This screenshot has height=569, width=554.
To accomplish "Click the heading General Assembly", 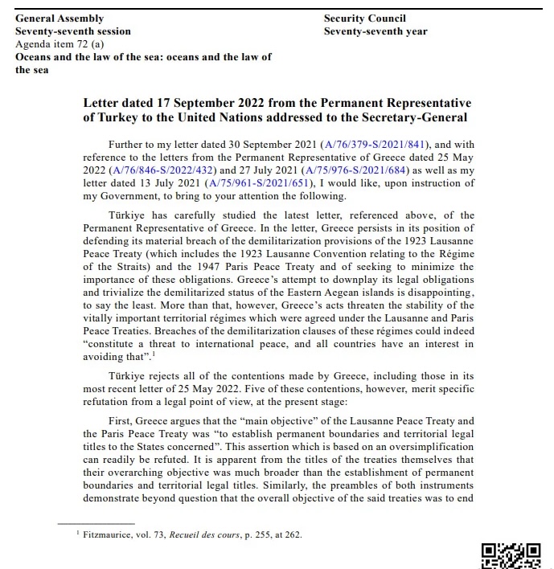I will pos(60,18).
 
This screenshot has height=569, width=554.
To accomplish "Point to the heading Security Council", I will pos(364,18).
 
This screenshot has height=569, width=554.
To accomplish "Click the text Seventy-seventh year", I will pos(375,31).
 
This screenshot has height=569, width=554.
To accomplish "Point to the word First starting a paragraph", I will pos(122,420).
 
